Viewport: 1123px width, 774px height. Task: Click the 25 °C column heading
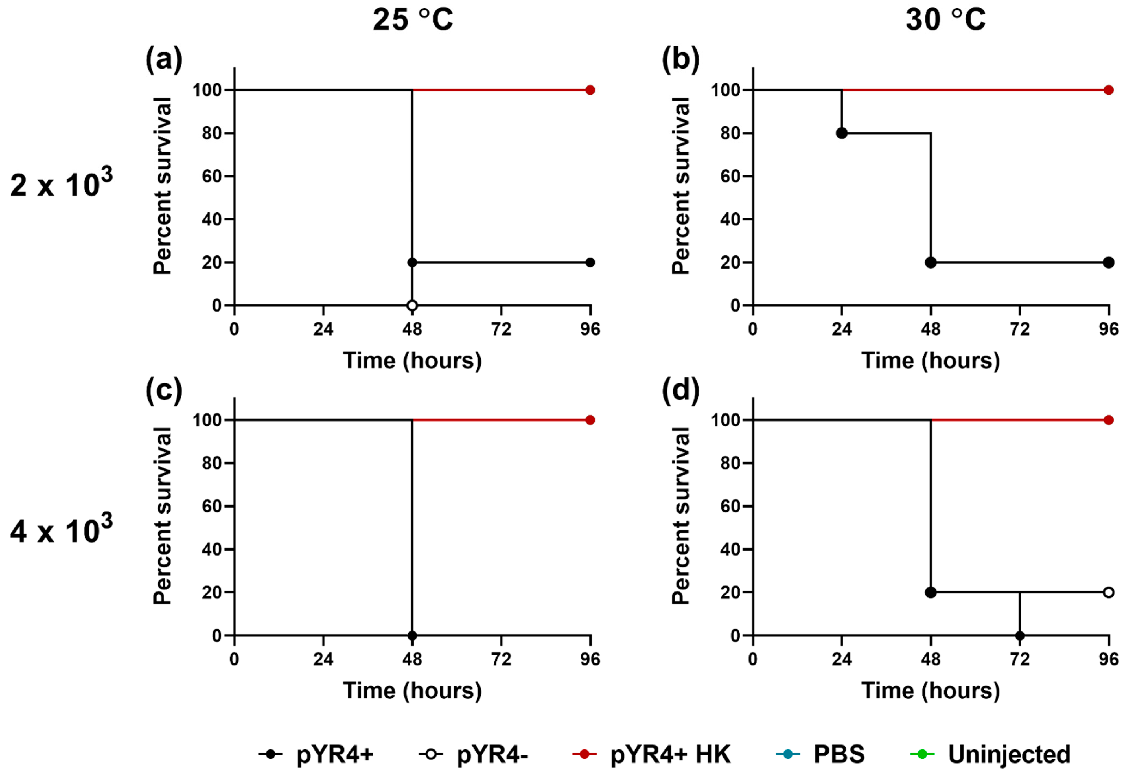click(x=413, y=20)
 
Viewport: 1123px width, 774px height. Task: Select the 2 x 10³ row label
click(x=61, y=184)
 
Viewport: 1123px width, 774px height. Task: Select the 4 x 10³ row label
click(x=61, y=530)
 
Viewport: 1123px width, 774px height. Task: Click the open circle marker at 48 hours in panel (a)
click(x=412, y=306)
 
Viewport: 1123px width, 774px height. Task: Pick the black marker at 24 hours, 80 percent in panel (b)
click(x=842, y=133)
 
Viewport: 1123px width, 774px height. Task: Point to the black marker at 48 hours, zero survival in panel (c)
click(x=412, y=635)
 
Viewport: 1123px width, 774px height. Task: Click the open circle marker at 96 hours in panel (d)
click(x=1109, y=592)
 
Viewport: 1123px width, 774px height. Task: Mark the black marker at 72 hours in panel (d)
click(x=1020, y=635)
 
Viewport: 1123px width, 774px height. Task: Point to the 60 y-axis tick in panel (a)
click(x=212, y=176)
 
